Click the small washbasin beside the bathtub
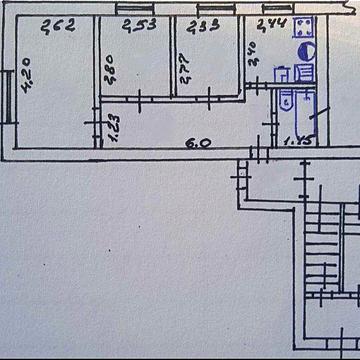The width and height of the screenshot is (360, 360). [287, 98]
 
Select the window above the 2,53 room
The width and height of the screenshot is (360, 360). [132, 10]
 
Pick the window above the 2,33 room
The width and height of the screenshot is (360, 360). [206, 10]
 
